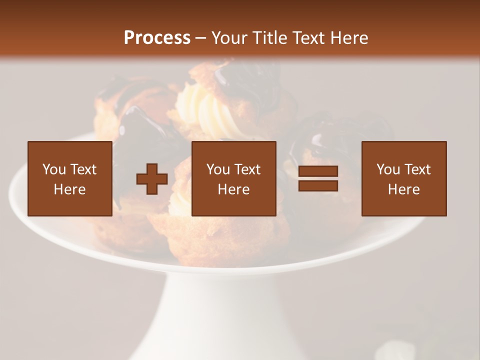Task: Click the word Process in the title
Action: coord(157,38)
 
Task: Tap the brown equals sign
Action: coord(318,178)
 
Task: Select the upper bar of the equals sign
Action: coord(318,171)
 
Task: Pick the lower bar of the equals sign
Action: coord(318,186)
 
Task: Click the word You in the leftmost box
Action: coord(54,169)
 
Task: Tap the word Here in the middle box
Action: coord(233,189)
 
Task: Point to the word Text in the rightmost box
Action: coord(417,169)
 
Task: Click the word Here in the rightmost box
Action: coord(403,189)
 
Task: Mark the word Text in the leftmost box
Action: coord(83,169)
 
